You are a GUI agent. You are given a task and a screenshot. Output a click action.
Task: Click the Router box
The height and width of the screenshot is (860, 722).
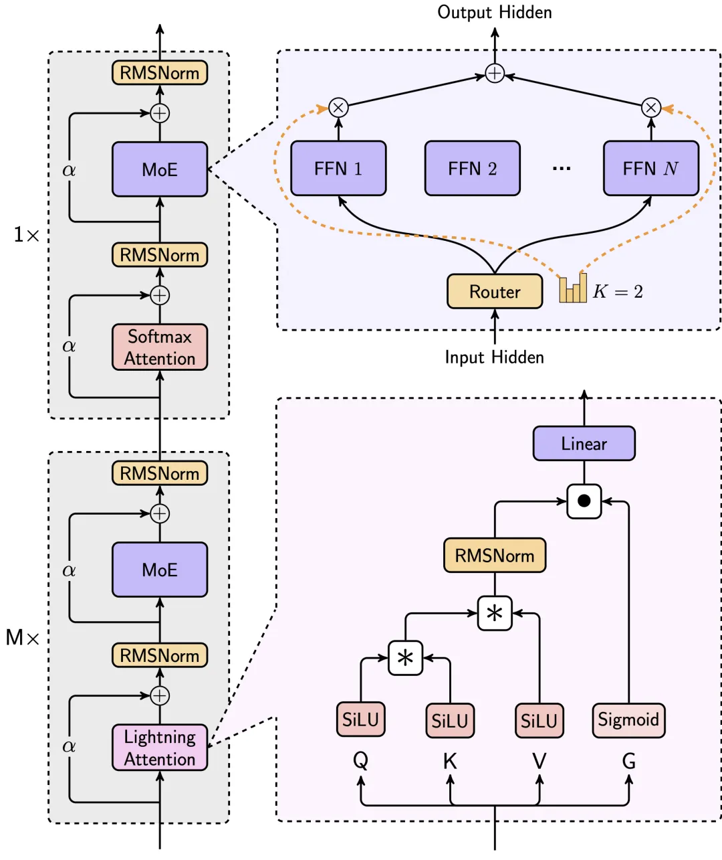[x=494, y=292]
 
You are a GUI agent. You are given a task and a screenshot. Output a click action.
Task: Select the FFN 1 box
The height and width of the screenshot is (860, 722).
[x=338, y=169]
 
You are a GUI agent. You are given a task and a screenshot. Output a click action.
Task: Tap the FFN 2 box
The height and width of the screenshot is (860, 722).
[x=473, y=169]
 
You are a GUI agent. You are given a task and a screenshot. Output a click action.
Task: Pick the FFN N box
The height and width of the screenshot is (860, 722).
[x=650, y=169]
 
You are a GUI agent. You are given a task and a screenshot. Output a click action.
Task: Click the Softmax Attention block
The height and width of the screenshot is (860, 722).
[x=160, y=347]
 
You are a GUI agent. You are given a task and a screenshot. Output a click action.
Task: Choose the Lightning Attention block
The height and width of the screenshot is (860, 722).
[x=160, y=748]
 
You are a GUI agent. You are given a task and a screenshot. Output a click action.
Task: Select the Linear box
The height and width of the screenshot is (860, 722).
[x=584, y=444]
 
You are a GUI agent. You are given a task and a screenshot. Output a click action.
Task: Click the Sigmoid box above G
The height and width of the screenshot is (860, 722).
[x=628, y=720]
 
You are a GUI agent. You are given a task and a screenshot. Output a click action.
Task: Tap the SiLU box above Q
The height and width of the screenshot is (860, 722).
[x=360, y=720]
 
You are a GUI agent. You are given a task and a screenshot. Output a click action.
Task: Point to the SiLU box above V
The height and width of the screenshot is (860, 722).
[x=539, y=721]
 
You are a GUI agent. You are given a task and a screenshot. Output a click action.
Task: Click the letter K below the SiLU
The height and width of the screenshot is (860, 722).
[x=450, y=762]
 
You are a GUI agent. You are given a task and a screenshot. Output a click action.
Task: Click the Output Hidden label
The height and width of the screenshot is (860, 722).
[x=495, y=12]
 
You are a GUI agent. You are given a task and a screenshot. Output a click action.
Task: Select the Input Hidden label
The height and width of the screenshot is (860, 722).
[x=495, y=357]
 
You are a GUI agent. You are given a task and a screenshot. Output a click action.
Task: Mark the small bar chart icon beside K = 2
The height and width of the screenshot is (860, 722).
[x=573, y=288]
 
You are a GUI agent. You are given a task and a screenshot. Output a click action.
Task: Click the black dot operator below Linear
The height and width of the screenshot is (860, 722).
[x=584, y=501]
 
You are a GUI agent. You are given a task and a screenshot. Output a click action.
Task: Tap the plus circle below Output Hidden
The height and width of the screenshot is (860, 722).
[x=495, y=73]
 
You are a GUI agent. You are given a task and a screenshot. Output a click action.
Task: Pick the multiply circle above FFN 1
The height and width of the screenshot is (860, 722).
[x=338, y=107]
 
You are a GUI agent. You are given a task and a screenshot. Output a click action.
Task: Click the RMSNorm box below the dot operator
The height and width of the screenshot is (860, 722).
[x=495, y=555]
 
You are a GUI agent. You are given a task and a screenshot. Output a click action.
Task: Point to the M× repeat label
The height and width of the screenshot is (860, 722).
[x=23, y=637]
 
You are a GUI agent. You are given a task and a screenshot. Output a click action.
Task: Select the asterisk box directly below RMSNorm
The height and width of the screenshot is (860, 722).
[x=495, y=613]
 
